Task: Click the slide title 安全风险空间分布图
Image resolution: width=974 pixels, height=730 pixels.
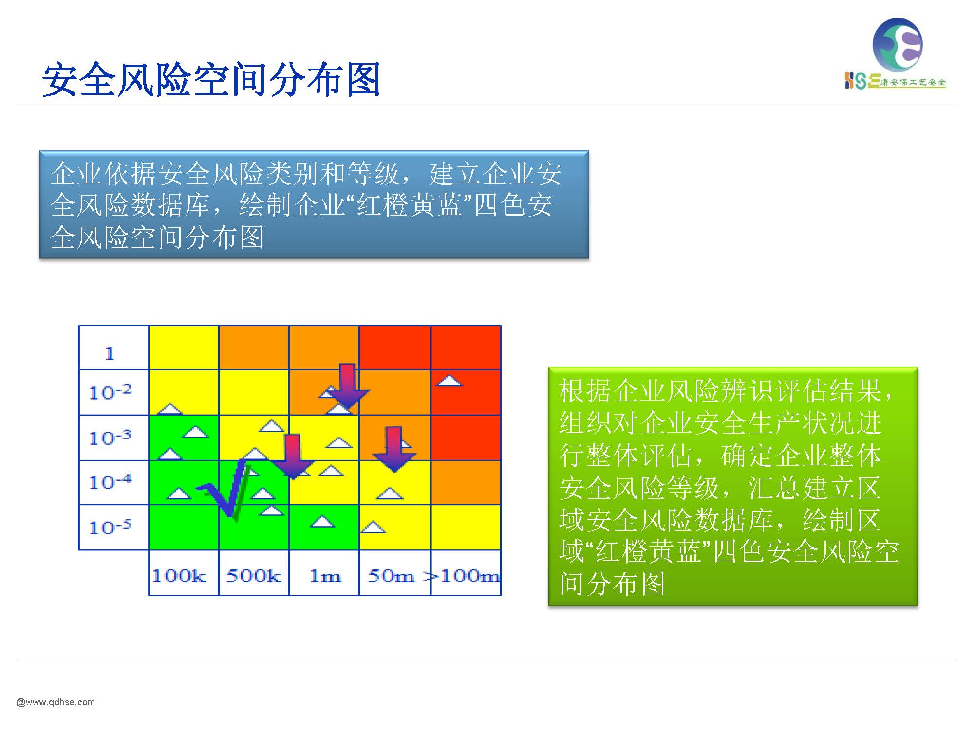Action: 211,79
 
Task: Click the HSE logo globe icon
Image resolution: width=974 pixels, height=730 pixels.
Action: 897,45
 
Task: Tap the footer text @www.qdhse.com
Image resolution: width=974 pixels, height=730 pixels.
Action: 56,702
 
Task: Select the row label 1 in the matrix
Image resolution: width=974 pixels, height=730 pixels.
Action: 110,353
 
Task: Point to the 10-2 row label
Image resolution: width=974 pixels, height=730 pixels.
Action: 111,392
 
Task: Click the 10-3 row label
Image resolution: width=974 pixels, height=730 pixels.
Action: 111,437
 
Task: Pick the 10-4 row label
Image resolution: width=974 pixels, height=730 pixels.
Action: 111,482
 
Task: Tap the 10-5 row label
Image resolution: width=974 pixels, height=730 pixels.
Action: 111,527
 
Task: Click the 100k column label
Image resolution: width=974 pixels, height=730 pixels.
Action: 179,576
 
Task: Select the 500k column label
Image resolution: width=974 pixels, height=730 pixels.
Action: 254,576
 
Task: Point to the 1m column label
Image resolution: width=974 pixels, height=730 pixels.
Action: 325,576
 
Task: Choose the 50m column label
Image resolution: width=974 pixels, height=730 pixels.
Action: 391,576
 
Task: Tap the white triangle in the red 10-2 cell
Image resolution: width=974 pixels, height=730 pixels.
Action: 449,380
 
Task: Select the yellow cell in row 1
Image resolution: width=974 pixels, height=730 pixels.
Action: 184,347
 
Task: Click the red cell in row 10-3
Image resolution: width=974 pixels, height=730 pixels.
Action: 466,438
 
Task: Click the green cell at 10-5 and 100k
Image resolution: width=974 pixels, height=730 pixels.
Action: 184,527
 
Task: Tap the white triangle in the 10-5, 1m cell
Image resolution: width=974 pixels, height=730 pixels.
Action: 322,521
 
